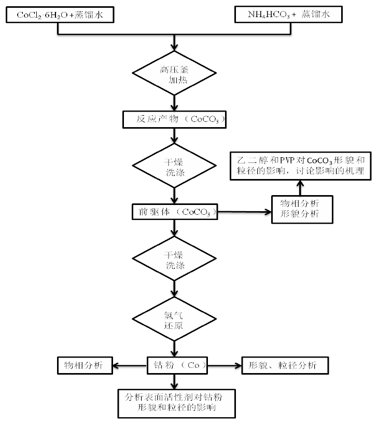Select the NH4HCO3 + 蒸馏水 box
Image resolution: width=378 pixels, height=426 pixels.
[289, 15]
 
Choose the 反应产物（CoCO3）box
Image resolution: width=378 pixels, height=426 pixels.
[175, 119]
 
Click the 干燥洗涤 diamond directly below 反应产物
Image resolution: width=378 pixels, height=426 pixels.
[175, 165]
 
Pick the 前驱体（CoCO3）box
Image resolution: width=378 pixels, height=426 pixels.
[175, 211]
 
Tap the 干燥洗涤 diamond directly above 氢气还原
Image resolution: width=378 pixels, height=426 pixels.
[175, 259]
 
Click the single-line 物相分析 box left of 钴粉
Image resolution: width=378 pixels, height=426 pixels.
[85, 365]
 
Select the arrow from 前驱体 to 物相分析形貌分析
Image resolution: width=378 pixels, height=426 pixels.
[244, 211]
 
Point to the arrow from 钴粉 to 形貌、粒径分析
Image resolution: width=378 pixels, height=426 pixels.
[223, 365]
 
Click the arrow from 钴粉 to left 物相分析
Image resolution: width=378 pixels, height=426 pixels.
[130, 365]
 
